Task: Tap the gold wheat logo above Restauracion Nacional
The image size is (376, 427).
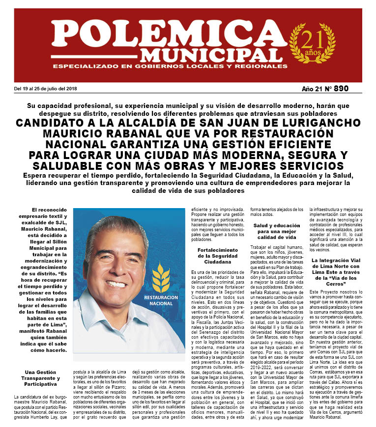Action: pyautogui.click(x=161, y=277)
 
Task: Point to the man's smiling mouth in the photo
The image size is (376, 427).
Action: pyautogui.click(x=117, y=284)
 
